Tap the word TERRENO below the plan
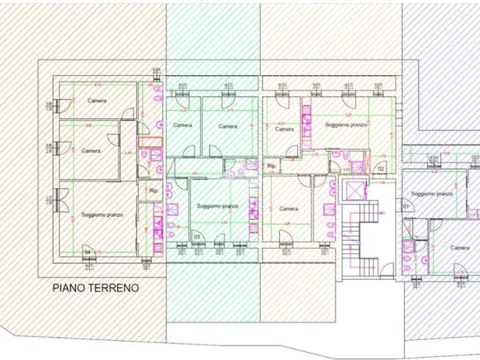[x=114, y=286]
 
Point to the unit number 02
[x=382, y=168]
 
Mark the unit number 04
[x=87, y=253]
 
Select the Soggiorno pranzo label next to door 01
[x=433, y=194]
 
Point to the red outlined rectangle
[x=150, y=142]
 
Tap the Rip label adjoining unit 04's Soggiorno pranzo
[x=154, y=191]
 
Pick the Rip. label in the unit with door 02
[x=272, y=166]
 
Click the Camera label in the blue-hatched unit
[x=459, y=248]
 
